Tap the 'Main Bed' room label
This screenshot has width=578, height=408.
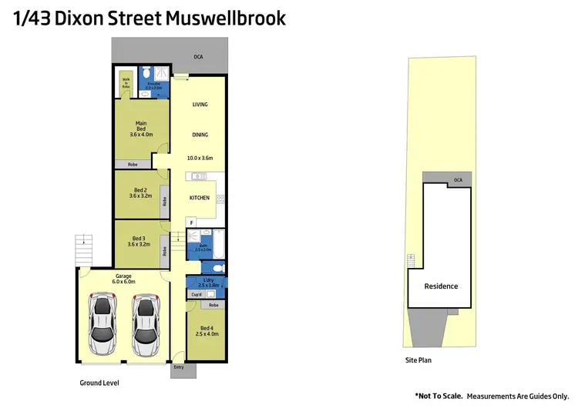pyautogui.click(x=141, y=129)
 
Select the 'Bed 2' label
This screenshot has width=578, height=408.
pyautogui.click(x=140, y=193)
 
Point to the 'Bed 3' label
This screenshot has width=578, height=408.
pyautogui.click(x=140, y=242)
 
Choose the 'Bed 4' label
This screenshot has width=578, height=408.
pyautogui.click(x=204, y=331)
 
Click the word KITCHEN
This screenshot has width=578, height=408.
pyautogui.click(x=200, y=198)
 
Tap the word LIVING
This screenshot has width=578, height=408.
pyautogui.click(x=200, y=105)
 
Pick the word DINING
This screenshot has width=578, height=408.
pyautogui.click(x=200, y=135)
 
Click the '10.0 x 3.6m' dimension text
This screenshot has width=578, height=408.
pyautogui.click(x=200, y=158)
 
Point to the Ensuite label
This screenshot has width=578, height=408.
pyautogui.click(x=153, y=85)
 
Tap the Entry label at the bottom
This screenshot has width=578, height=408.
pyautogui.click(x=180, y=367)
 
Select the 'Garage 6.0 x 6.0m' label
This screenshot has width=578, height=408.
pyautogui.click(x=124, y=279)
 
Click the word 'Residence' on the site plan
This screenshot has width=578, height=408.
pyautogui.click(x=442, y=286)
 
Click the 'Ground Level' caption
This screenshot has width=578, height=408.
pyautogui.click(x=99, y=383)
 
